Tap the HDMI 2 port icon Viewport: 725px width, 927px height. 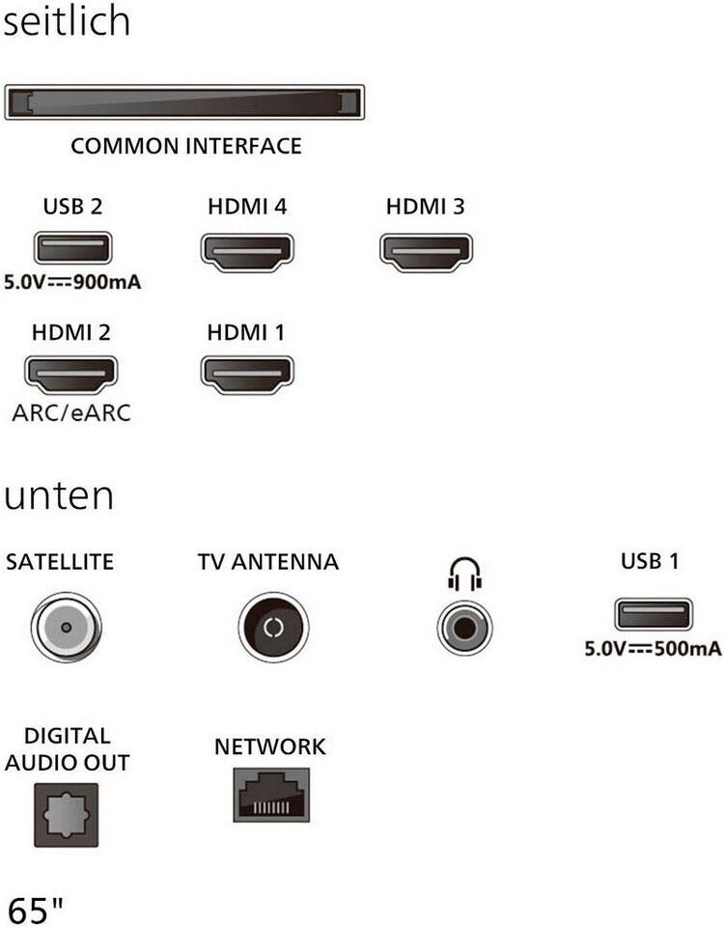tap(70, 375)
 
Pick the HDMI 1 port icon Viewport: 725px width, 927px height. tap(247, 375)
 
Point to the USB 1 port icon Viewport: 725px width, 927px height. tap(653, 615)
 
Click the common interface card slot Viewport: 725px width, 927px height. tap(184, 102)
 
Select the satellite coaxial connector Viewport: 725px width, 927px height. tap(65, 628)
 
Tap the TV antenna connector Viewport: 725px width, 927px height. tap(272, 628)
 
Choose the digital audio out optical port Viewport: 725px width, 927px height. tap(66, 813)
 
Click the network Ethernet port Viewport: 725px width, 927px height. tap(271, 795)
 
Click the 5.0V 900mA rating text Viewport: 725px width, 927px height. tap(72, 285)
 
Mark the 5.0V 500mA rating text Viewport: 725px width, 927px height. tap(653, 649)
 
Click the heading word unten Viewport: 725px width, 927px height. tap(59, 496)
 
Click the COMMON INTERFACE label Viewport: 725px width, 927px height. tap(186, 147)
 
